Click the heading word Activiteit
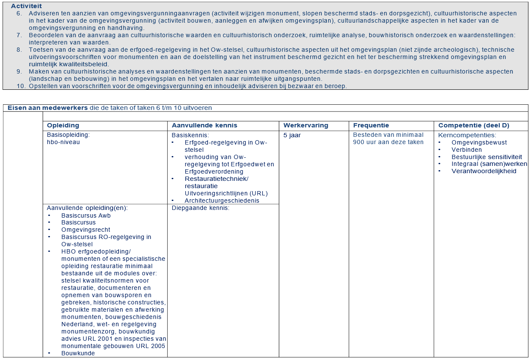pos(27,6)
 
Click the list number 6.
pos(19,13)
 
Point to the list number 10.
pos(21,86)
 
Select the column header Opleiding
pos(63,125)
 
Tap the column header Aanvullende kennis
pos(204,125)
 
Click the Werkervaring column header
pos(306,125)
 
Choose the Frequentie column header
pos(371,125)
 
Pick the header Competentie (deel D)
pos(474,125)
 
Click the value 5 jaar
pos(292,135)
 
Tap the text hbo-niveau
pos(63,142)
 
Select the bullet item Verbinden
pos(466,150)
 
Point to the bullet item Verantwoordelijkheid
pos(484,171)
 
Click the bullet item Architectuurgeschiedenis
pos(222,201)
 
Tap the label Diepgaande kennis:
pos(201,208)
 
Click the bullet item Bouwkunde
pos(78,353)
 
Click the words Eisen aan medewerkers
pos(47,108)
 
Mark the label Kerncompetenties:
pos(467,135)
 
